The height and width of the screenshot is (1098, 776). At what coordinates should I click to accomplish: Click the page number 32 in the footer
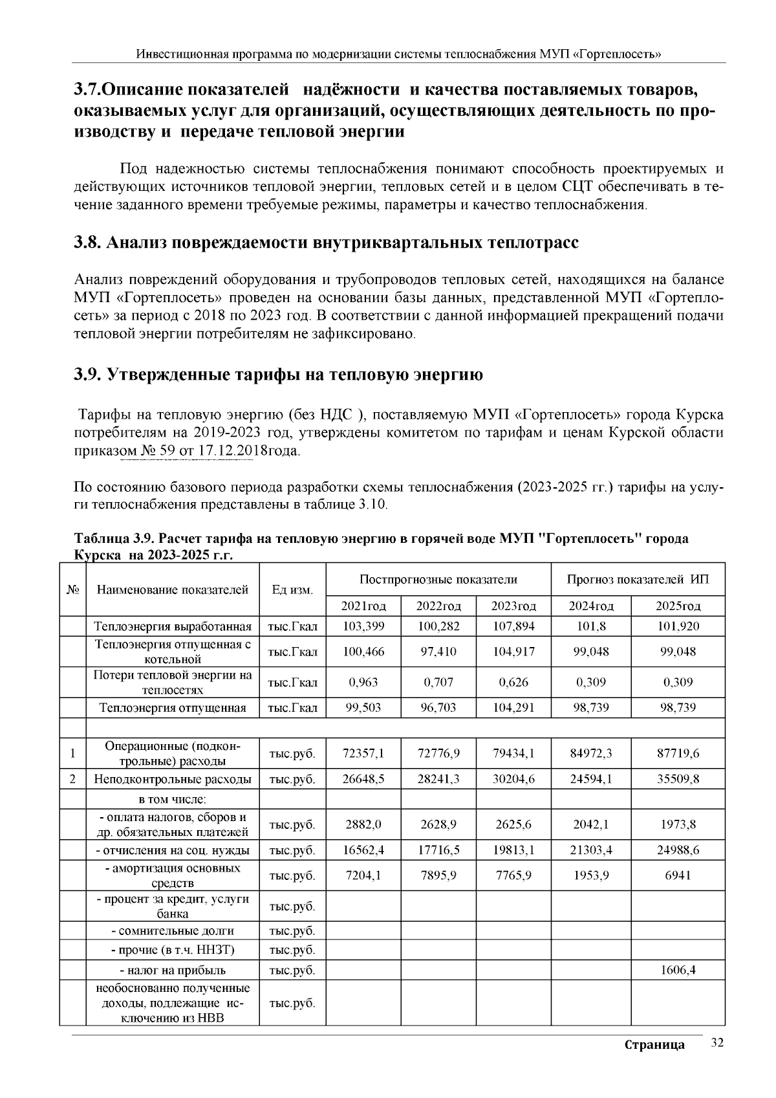[717, 1043]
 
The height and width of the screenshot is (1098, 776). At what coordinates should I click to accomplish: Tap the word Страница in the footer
[654, 1045]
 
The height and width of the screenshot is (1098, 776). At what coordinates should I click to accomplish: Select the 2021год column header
[363, 606]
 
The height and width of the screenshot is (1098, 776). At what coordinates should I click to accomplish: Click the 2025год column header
[677, 606]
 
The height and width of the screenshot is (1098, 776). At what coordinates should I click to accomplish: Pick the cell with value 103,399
[363, 626]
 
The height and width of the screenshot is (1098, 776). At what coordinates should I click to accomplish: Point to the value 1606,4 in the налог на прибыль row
[677, 970]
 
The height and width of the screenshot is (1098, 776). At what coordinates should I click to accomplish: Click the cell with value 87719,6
[677, 753]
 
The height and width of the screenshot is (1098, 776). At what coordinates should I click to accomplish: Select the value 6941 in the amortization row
[677, 875]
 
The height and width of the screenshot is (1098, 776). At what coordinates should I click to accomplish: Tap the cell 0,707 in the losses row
[438, 682]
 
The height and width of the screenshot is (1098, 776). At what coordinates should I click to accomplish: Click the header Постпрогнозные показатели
[438, 579]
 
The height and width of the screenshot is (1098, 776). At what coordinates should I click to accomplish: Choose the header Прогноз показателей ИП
[637, 579]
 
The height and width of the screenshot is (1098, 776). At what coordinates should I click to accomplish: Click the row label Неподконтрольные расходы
[173, 779]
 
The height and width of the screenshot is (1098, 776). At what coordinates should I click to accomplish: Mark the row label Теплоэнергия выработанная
[173, 626]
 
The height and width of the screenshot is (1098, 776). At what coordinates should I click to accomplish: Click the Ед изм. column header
[292, 589]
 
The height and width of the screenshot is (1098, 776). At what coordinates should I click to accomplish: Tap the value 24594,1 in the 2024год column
[590, 779]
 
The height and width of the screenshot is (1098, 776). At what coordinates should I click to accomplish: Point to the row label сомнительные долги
[173, 930]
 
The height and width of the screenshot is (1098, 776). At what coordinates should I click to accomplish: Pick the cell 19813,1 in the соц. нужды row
[513, 850]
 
